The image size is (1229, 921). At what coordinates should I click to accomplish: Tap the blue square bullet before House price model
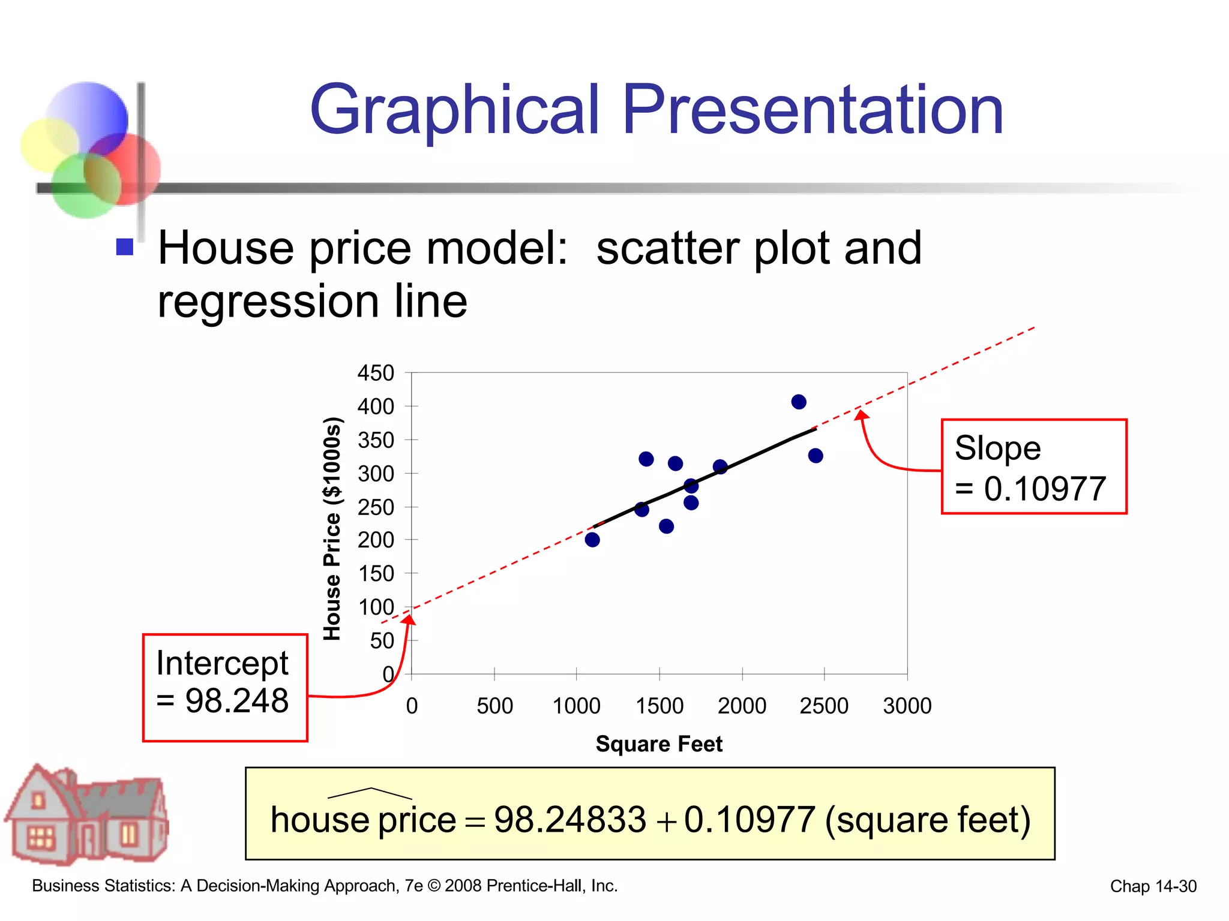[x=124, y=247]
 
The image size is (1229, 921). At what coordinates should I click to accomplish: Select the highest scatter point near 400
[x=798, y=402]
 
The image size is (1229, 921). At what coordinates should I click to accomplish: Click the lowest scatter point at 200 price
[x=592, y=540]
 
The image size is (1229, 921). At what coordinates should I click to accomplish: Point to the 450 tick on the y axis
[x=376, y=373]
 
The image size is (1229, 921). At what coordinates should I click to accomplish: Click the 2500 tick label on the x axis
[x=823, y=706]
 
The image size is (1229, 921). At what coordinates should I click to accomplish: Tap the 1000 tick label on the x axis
[x=576, y=706]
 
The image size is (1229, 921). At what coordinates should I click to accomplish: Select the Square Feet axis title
[x=658, y=744]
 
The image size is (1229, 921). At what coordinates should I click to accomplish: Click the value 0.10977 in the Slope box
[x=1044, y=489]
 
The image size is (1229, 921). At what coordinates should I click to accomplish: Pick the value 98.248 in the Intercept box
[x=237, y=700]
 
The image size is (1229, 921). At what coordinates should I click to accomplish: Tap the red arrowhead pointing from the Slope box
[x=861, y=414]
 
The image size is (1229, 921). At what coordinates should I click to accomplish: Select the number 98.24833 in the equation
[x=569, y=820]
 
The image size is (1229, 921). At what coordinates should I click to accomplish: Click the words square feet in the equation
[x=927, y=820]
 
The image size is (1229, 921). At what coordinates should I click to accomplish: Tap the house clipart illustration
[x=87, y=815]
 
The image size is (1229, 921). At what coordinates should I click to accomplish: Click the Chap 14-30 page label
[x=1153, y=886]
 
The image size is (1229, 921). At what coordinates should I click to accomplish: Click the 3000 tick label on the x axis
[x=907, y=706]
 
